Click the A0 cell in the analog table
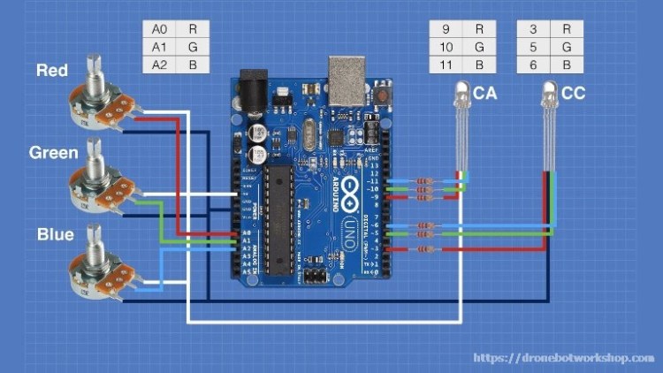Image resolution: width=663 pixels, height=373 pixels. click(x=160, y=27)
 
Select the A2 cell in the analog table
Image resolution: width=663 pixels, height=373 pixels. click(x=160, y=65)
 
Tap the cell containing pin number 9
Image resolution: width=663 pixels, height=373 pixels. click(x=446, y=28)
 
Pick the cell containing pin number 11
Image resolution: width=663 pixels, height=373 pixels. click(x=446, y=65)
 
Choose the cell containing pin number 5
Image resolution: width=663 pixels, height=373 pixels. click(x=533, y=46)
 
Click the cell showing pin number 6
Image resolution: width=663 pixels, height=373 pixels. click(x=533, y=65)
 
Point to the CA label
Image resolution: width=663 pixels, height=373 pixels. click(x=484, y=92)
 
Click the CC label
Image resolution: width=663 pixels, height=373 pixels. click(x=573, y=92)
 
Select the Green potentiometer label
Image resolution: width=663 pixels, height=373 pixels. click(x=53, y=152)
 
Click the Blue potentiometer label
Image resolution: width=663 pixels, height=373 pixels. click(x=55, y=235)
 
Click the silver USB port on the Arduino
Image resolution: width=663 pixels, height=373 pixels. click(x=346, y=74)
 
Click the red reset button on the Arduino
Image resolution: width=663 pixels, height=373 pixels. click(x=384, y=92)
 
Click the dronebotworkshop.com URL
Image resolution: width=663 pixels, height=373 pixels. click(x=564, y=358)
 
